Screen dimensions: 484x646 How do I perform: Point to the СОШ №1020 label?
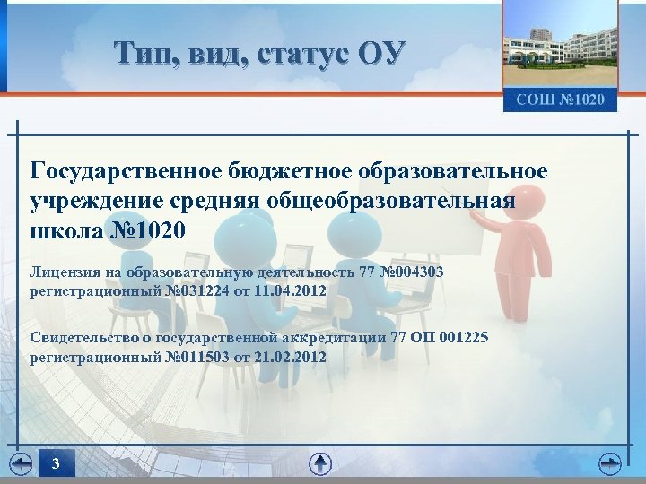click(560, 99)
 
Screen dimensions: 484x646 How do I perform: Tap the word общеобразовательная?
click(391, 200)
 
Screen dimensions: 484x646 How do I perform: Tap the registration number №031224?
click(192, 291)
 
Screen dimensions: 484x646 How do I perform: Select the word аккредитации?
click(340, 337)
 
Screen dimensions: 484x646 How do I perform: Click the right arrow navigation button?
click(610, 463)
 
